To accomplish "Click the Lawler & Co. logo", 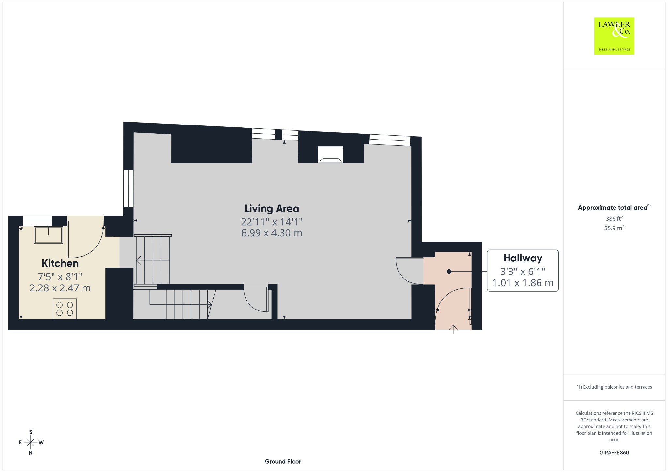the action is click(614, 36).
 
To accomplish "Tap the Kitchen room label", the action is click(60, 263).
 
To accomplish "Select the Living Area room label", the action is click(272, 208).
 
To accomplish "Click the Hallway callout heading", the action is click(523, 258).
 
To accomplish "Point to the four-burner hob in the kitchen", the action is click(65, 309).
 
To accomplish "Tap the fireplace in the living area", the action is click(330, 155).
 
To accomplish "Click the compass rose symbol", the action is click(31, 442).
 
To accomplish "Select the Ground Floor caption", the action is click(283, 461).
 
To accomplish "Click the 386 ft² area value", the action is click(614, 218).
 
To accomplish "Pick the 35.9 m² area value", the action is click(614, 228).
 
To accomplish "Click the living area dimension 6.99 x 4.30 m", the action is click(272, 233).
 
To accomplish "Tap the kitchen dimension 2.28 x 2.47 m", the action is click(60, 288).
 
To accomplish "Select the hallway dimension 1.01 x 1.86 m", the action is click(523, 283).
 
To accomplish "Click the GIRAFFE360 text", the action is click(614, 453).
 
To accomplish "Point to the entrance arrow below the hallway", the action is click(453, 329).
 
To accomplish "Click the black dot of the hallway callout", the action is click(449, 271).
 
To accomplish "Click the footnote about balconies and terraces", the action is click(614, 387).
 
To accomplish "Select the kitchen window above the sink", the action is click(38, 220).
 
